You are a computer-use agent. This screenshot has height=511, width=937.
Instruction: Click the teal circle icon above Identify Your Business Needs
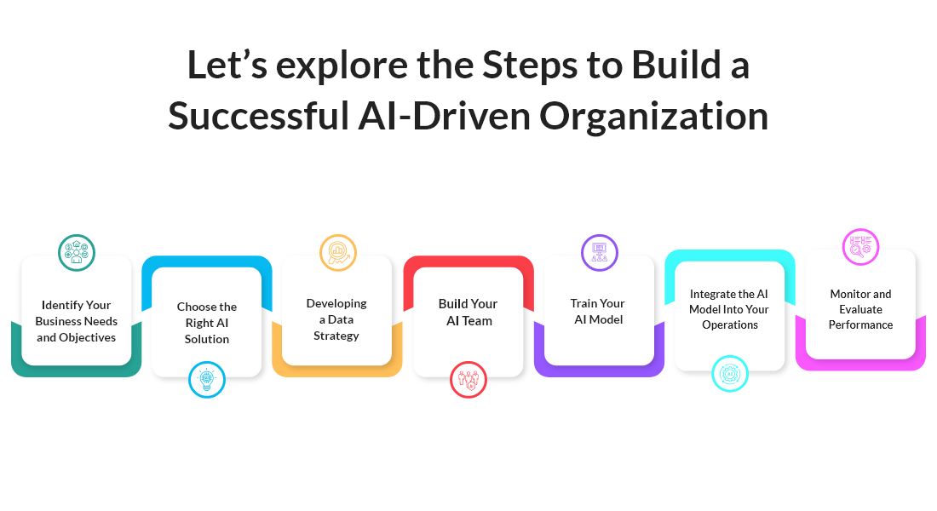point(77,252)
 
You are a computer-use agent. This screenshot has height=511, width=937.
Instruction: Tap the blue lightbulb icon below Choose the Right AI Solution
point(206,380)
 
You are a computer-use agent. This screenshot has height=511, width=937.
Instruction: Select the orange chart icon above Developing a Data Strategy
point(338,252)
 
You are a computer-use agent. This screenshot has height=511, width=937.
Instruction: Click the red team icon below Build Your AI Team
point(468,380)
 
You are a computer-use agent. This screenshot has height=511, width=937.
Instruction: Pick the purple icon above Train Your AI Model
point(600,252)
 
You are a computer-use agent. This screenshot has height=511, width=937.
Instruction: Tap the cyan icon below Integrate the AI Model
point(730,373)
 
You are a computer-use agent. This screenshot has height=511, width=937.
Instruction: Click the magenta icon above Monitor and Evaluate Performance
point(861,247)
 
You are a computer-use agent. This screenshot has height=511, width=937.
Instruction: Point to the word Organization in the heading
point(654,117)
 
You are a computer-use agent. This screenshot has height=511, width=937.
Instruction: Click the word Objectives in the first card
point(89,337)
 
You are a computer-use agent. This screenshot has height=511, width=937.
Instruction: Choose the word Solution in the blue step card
point(207,339)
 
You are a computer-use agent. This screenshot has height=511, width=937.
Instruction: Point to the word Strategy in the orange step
point(336,336)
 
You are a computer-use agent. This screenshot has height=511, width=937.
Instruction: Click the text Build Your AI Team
point(468,312)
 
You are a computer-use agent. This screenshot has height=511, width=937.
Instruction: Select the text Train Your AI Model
point(598,312)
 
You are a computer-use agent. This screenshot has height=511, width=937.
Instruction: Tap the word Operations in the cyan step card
point(730,324)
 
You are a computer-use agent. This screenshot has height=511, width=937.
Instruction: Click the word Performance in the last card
point(860,324)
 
